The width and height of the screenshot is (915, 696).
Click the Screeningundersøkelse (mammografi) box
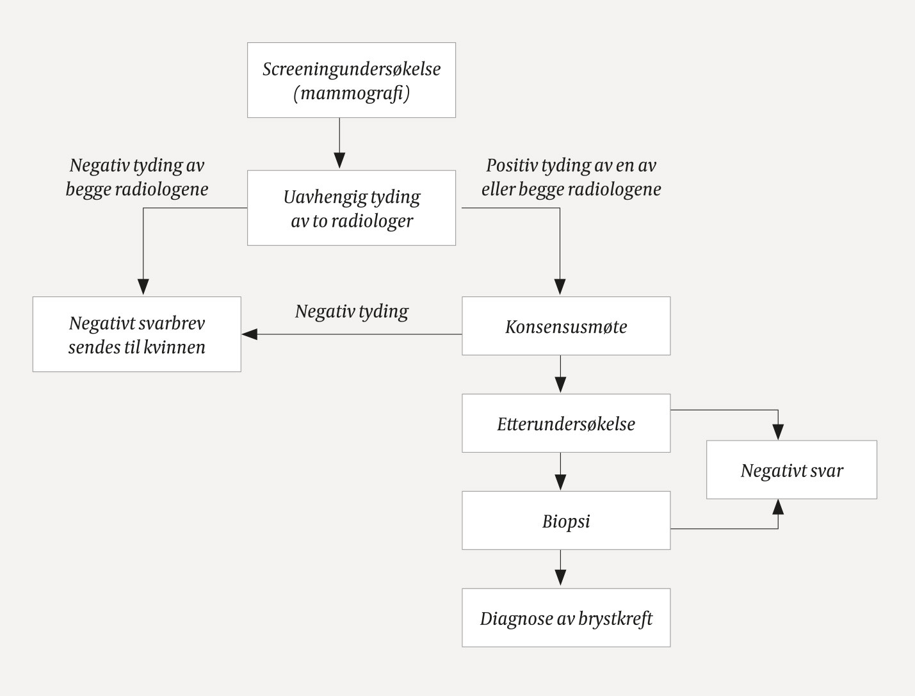351,80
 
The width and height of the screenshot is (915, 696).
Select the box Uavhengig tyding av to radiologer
351,208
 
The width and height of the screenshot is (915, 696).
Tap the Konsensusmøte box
566,326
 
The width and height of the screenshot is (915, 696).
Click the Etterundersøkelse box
566,423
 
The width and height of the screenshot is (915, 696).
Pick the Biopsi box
566,521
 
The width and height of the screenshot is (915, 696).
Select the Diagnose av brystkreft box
566,618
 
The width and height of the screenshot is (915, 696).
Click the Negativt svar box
791,470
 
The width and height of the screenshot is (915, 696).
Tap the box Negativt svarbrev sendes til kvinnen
136,334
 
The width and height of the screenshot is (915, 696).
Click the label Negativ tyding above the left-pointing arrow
352,311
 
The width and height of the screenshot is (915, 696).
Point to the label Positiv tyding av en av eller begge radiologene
571,177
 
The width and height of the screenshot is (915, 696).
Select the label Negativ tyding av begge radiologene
136,177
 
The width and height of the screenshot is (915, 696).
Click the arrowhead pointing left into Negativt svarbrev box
249,334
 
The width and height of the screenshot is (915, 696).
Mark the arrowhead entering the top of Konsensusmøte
560,287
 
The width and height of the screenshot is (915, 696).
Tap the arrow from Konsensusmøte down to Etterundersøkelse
560,375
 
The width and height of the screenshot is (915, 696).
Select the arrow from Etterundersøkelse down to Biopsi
560,472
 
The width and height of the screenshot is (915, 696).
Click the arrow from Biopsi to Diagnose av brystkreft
560,569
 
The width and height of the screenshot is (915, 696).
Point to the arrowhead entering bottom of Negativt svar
778,507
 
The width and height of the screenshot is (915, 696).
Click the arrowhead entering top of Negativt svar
778,432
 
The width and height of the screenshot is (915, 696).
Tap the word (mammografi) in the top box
352,93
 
